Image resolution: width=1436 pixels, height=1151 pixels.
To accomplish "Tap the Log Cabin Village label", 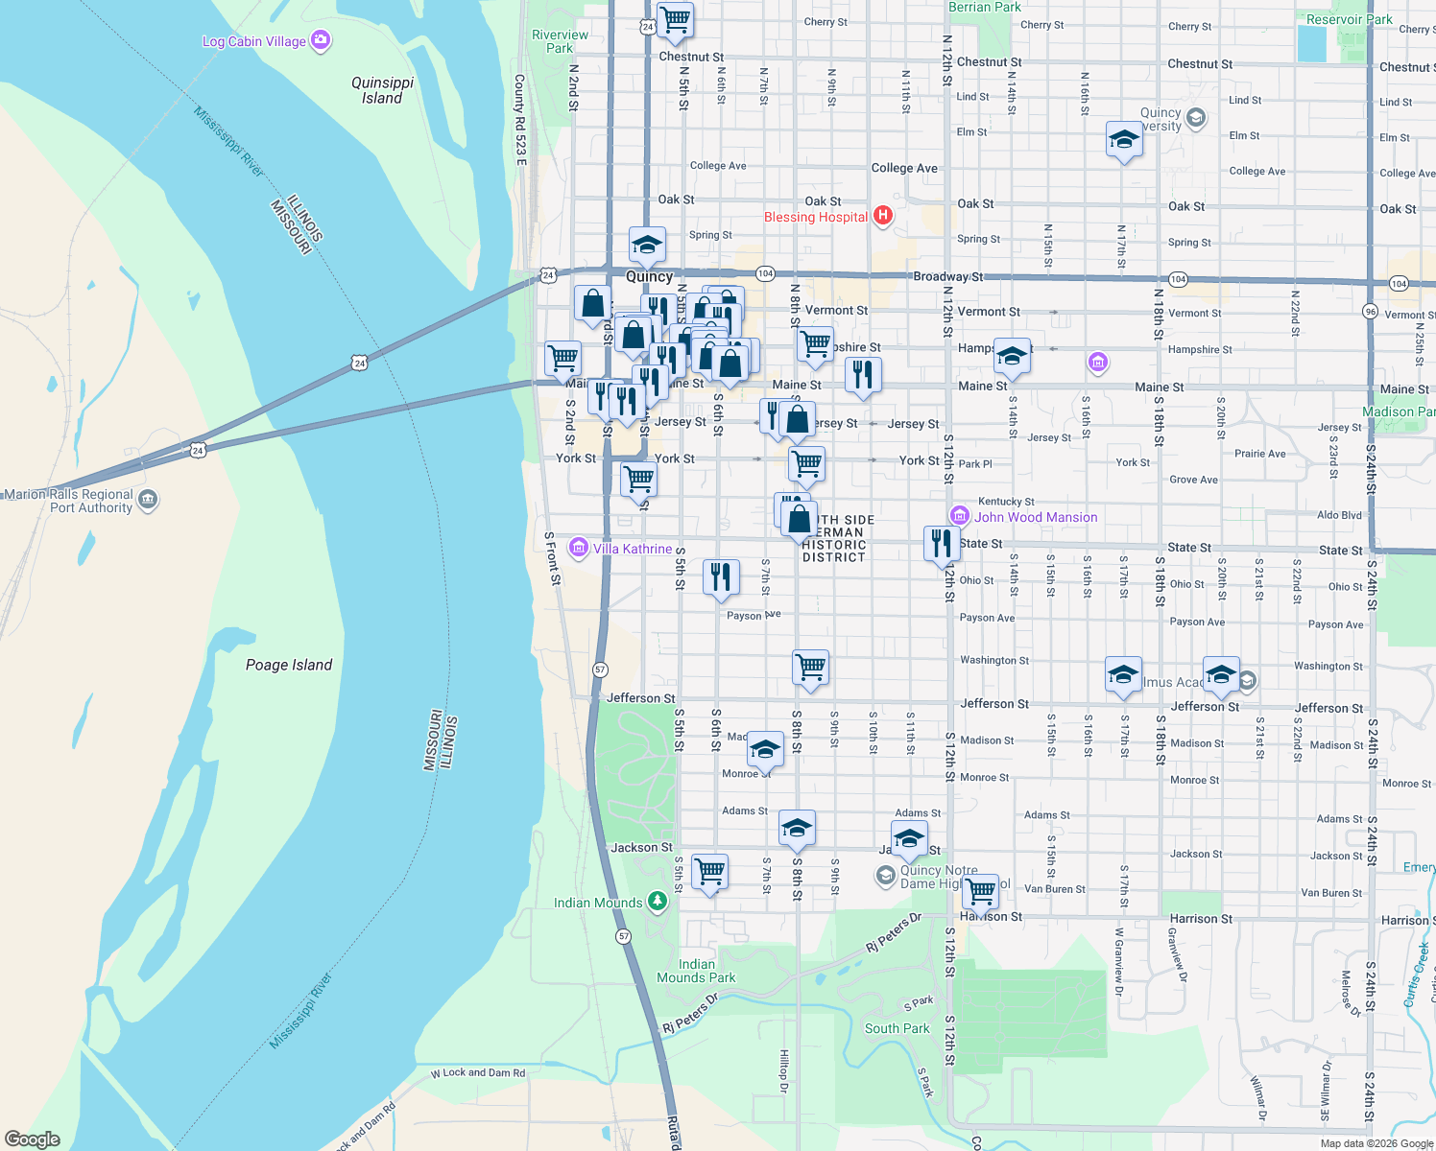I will coord(254,41).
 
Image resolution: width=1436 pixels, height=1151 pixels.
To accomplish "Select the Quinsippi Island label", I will coord(382,90).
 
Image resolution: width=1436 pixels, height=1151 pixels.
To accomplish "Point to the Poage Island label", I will coord(289,665).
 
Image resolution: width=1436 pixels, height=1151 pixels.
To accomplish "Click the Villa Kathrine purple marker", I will coord(578,548).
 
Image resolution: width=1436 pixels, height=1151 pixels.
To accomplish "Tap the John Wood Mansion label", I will coord(1036,517).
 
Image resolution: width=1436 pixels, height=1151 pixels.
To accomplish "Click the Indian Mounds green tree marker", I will coord(658,902).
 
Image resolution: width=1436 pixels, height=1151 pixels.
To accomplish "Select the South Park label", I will coord(897,1028).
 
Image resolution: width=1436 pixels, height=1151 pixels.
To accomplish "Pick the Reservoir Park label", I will coord(1349,19).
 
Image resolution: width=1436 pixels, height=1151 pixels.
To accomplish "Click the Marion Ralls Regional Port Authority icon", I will coord(148,500).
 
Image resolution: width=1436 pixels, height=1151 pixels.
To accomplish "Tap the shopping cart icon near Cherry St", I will coord(676,19).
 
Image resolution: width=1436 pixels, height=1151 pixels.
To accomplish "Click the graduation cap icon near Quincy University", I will coord(1123,140).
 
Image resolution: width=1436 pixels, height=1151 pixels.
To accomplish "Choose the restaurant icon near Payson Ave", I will coord(721,576).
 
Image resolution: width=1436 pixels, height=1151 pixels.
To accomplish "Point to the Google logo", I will coord(32,1139).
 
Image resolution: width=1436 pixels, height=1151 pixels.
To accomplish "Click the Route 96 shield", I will coord(1370,311).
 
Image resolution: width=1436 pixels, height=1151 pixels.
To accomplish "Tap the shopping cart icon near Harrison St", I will coord(980,891).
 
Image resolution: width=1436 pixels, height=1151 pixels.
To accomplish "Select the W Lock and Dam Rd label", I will coord(478,1072).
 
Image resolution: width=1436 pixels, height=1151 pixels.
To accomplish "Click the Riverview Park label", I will coord(560,41).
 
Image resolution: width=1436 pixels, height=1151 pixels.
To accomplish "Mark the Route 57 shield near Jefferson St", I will coord(600,669).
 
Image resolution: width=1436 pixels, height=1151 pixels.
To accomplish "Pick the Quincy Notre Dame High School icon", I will coord(885,876).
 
